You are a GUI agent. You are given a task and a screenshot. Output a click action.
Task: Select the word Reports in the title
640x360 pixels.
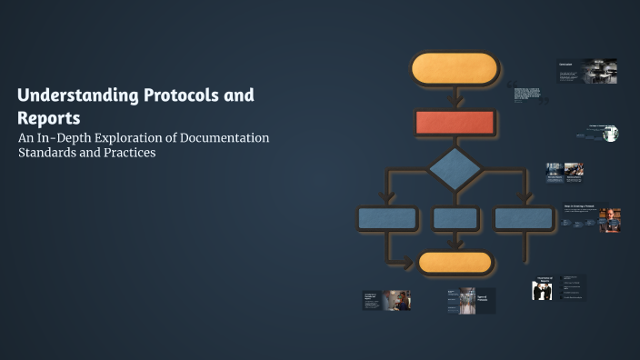click(x=48, y=118)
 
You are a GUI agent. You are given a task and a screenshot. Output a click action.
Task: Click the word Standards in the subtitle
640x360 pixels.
click(x=48, y=153)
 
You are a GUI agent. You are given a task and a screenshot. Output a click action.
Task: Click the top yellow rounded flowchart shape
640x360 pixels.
click(x=455, y=69)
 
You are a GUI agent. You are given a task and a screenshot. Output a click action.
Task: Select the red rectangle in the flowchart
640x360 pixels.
click(x=455, y=123)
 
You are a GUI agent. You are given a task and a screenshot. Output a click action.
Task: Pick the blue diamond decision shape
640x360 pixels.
click(x=455, y=169)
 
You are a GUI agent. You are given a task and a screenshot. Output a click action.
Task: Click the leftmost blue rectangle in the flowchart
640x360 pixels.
click(x=387, y=218)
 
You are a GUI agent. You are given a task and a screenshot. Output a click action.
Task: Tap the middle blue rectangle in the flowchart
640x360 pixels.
click(x=455, y=218)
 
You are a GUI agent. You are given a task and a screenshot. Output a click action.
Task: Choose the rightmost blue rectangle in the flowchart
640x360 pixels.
click(x=524, y=218)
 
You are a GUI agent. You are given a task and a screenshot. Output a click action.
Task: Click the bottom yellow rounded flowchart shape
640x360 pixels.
click(x=455, y=262)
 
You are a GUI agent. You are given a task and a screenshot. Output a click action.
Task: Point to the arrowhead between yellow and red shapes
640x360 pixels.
click(x=455, y=103)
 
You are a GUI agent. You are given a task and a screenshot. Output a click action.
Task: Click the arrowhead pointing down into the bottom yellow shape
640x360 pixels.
click(x=455, y=245)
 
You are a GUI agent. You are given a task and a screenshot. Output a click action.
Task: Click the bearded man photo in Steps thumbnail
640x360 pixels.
click(x=610, y=220)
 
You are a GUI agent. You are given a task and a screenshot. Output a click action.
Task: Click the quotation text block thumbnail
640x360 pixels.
click(x=526, y=95)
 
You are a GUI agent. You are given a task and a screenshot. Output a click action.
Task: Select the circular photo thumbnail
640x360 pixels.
click(x=610, y=135)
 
